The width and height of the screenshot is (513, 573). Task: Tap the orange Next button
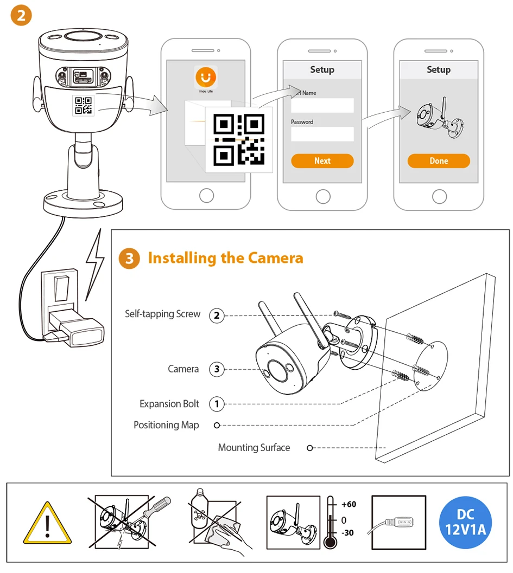322,161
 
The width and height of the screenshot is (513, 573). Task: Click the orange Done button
439,161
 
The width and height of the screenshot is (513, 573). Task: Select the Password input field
322,134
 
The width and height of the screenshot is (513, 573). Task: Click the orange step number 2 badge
21,15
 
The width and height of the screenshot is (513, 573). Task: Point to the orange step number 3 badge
129,258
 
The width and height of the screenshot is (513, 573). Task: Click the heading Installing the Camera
225,257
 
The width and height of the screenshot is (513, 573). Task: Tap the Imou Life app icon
206,78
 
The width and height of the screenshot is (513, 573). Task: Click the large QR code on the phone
239,139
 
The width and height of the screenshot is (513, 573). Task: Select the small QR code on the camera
83,105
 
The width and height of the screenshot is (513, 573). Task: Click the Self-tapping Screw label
162,314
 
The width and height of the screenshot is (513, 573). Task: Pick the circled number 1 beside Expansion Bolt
217,404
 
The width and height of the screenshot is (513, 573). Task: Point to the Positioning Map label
166,425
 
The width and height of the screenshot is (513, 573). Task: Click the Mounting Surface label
254,448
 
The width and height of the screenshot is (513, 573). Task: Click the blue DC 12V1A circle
466,522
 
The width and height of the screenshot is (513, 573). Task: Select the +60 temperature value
349,505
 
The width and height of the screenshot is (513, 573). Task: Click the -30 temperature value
347,533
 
